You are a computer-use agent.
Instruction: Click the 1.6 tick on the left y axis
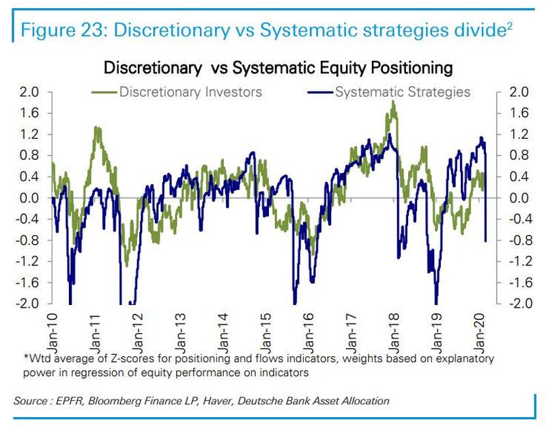30,114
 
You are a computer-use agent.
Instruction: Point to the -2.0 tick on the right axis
517,304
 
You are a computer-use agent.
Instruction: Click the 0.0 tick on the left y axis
30,198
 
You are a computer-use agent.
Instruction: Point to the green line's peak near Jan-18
394,102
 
